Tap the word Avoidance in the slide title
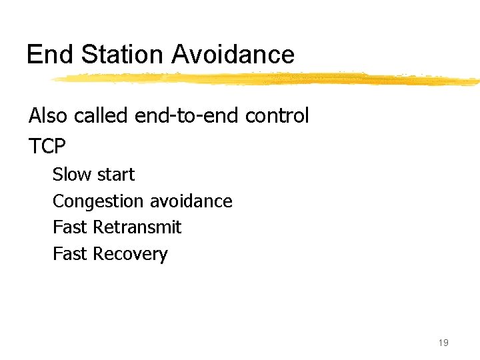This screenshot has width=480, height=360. tap(233, 55)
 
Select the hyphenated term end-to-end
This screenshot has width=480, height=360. tap(187, 116)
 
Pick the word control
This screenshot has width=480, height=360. tap(277, 116)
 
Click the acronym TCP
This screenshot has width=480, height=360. tap(48, 145)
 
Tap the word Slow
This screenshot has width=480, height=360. tap(71, 175)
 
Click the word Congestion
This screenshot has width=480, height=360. tap(98, 201)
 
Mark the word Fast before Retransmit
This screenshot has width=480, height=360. tap(70, 227)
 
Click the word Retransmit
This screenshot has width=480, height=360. tap(137, 227)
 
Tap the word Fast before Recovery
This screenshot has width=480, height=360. tap(70, 254)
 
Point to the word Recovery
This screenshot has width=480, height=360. tap(130, 255)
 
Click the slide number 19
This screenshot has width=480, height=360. tap(443, 343)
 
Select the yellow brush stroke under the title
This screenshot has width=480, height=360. tap(267, 79)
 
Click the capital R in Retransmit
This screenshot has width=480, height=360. tap(98, 227)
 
